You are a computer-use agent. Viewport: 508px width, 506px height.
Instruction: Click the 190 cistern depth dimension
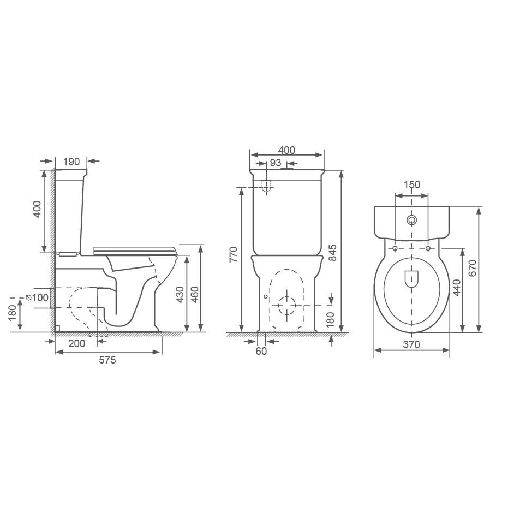click(71, 161)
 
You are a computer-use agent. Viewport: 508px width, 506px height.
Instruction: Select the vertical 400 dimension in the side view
click(37, 209)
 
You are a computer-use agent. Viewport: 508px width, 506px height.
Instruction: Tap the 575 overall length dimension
click(107, 360)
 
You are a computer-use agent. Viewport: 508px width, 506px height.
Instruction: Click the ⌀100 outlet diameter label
click(37, 297)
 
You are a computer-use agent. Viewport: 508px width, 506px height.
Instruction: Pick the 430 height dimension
click(180, 295)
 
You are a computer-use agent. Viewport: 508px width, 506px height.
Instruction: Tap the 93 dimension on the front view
click(276, 163)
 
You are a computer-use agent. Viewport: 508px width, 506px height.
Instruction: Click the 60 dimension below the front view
click(261, 351)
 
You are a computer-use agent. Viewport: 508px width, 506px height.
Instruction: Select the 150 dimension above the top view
click(411, 184)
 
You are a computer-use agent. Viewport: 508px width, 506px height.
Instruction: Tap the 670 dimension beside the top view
click(473, 269)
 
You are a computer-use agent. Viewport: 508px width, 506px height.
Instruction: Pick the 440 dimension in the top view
click(457, 287)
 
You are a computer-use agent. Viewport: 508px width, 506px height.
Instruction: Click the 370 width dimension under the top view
click(411, 344)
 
